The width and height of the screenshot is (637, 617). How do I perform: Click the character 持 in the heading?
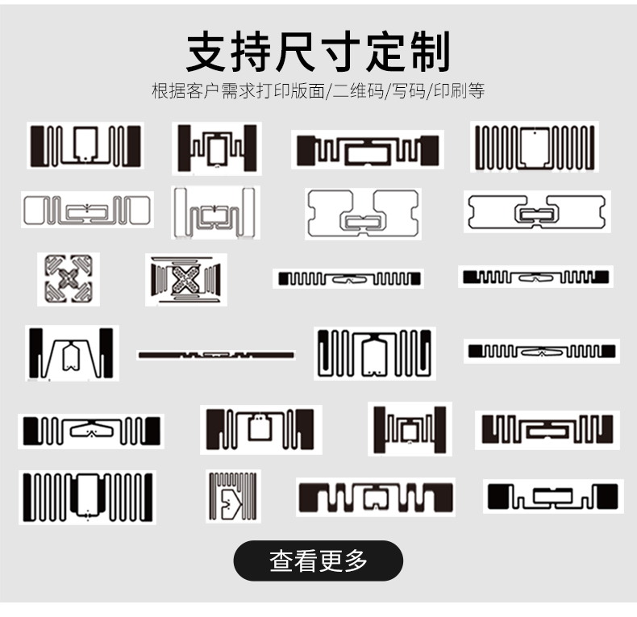pos(265,52)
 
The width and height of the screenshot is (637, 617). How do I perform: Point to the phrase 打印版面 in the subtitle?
pos(291,91)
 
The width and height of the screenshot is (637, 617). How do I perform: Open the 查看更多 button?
pos(318,561)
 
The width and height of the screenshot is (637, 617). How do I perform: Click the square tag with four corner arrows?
pos(69,279)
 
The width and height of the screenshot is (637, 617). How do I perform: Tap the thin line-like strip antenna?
pos(216,355)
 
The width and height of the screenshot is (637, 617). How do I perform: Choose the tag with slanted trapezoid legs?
pos(71,353)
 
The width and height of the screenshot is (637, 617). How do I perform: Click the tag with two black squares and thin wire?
pos(553,496)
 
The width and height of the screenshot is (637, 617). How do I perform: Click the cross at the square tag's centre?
pos(69,279)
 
